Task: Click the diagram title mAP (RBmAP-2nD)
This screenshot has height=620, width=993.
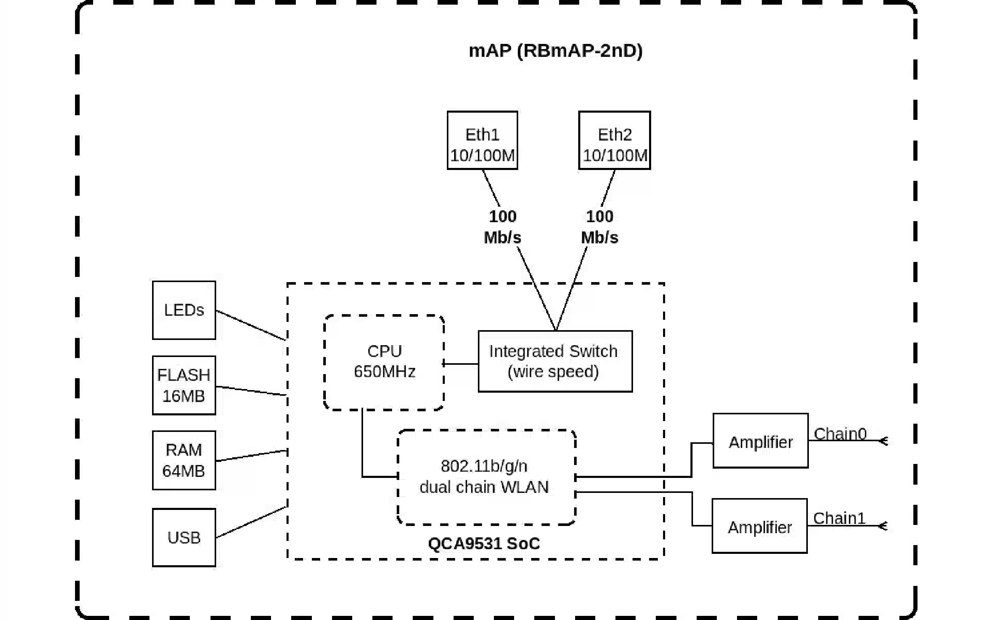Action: (555, 51)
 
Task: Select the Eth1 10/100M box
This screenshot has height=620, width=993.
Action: (482, 141)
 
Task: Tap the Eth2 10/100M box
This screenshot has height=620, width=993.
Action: (614, 141)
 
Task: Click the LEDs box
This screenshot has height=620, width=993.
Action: (184, 310)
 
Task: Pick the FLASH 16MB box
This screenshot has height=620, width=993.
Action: (184, 385)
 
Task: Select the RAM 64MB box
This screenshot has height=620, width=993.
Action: (184, 460)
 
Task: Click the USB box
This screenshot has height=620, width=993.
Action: (184, 537)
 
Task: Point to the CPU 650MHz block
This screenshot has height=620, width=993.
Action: (384, 362)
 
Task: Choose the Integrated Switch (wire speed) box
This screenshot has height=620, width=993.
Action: (554, 361)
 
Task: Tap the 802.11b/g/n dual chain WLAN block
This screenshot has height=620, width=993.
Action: (485, 477)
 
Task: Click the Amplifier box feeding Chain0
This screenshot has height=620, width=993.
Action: (760, 441)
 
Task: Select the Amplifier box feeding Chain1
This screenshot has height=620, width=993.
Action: (759, 526)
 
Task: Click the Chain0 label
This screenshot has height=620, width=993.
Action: (840, 433)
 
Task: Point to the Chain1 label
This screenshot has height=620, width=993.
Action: (839, 518)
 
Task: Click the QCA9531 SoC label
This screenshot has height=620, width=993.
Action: (484, 544)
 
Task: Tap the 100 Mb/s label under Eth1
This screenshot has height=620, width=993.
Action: (502, 227)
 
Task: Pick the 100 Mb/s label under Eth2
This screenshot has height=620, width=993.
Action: (599, 227)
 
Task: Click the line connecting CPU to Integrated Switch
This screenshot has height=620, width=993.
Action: (461, 364)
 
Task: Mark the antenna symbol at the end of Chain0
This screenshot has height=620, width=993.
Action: (883, 441)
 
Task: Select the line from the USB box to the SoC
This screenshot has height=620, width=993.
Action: (251, 522)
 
